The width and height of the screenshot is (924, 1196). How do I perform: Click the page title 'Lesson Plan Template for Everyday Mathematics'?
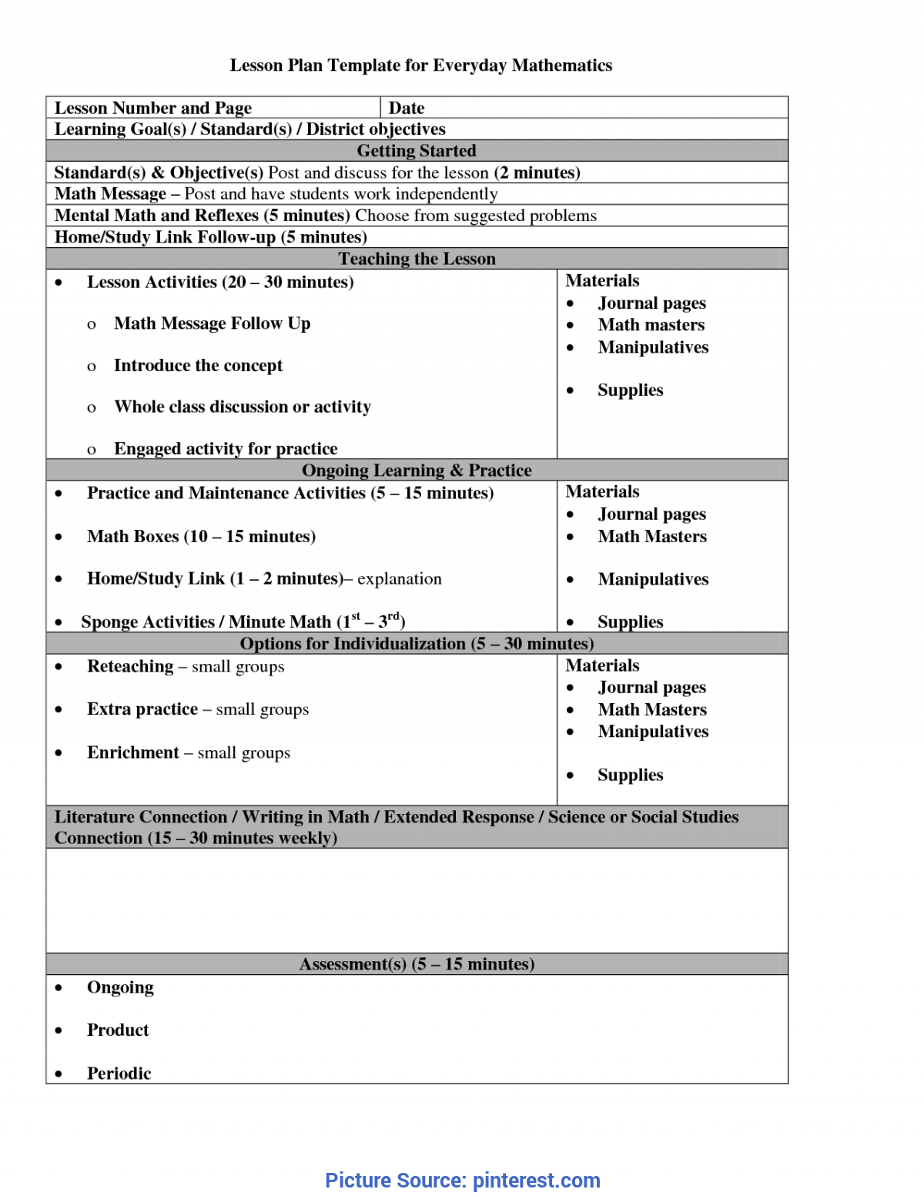coord(420,65)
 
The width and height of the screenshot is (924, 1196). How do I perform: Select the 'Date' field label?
coord(407,108)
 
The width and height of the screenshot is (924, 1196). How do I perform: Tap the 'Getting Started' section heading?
coord(417,151)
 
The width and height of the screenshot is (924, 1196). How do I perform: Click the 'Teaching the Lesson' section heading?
coord(417,259)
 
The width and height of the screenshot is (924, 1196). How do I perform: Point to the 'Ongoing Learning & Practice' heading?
coord(417,470)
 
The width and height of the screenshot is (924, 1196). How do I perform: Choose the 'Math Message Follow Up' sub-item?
coord(212,323)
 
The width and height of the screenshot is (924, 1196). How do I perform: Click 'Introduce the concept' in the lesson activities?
coord(198,365)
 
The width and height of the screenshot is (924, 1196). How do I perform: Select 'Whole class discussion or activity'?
coord(243,407)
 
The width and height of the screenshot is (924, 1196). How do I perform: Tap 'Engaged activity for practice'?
coord(226,448)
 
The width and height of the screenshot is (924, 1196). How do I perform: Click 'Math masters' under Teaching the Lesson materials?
coord(651,325)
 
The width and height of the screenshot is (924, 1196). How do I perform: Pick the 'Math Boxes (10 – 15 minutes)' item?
coord(201,536)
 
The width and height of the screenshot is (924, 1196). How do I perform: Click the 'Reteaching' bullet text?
coord(130,666)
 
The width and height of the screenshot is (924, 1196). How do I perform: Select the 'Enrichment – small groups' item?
coord(189,752)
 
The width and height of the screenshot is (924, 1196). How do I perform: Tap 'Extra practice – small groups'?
coord(198,709)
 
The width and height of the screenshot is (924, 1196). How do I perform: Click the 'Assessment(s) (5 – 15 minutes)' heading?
coord(417,964)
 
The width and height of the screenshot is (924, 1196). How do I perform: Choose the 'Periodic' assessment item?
coord(119,1073)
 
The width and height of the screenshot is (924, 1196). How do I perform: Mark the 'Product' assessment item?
coord(118,1030)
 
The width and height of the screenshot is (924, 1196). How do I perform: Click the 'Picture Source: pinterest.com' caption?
coord(462,1180)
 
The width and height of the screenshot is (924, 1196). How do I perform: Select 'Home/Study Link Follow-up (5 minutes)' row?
coord(210,237)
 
